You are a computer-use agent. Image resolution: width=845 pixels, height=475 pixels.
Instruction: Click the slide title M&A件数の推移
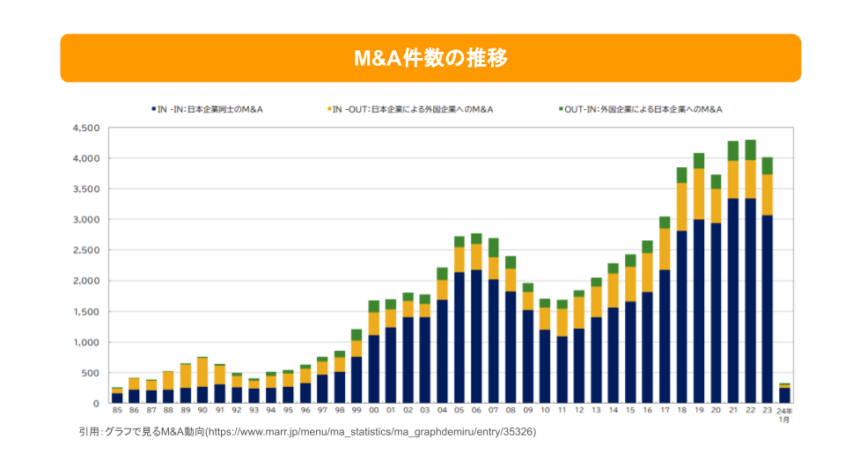430,58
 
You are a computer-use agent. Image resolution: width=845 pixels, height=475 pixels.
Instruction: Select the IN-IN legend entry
211,109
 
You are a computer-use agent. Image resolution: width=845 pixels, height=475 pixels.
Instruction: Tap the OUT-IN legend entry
643,109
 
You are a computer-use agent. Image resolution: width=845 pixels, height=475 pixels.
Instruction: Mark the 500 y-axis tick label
91,373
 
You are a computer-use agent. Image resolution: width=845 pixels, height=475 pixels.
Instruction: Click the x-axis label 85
117,411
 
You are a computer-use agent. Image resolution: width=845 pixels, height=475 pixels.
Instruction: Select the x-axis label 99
356,411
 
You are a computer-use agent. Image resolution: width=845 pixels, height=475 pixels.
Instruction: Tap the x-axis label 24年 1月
785,414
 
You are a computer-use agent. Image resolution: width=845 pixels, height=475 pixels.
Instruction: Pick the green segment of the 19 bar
699,161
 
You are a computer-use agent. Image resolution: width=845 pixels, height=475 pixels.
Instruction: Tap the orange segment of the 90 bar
202,372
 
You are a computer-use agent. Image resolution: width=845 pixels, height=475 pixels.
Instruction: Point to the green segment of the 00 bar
374,306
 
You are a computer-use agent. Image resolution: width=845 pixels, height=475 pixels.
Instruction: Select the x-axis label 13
596,411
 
